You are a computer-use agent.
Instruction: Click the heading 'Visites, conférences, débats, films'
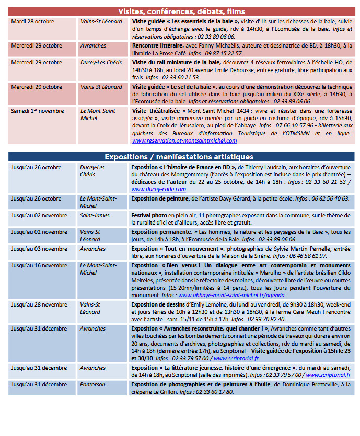click(181, 11)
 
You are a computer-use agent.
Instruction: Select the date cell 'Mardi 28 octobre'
click(32, 21)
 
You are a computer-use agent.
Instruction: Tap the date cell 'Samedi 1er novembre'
click(37, 111)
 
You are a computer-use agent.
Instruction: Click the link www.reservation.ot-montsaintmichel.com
click(184, 140)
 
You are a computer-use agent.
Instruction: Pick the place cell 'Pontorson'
click(93, 385)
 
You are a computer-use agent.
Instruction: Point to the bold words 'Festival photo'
click(149, 215)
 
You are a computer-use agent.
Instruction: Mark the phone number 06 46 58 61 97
click(308, 256)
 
